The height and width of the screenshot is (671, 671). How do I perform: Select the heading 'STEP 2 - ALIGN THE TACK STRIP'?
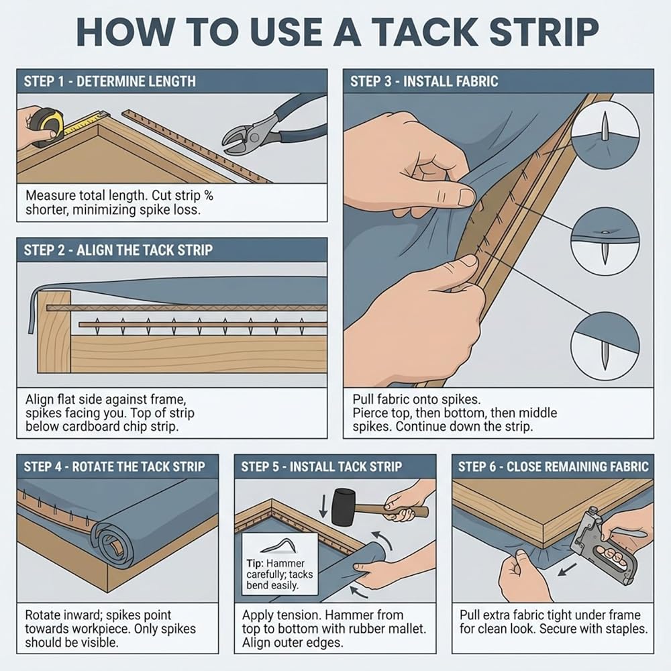pyautogui.click(x=118, y=250)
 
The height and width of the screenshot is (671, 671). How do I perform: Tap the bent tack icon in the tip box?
pyautogui.click(x=279, y=546)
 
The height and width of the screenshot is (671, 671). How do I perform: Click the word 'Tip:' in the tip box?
pyautogui.click(x=256, y=563)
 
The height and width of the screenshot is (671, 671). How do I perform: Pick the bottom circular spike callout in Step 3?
pyautogui.click(x=605, y=346)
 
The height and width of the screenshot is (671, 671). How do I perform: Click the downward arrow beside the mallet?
pyautogui.click(x=323, y=508)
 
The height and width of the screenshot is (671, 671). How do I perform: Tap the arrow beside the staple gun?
pyautogui.click(x=568, y=569)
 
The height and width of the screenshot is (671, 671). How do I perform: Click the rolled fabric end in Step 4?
pyautogui.click(x=112, y=543)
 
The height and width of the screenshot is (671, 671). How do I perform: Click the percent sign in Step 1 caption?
pyautogui.click(x=209, y=195)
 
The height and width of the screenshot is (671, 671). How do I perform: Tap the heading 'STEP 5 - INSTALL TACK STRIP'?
pyautogui.click(x=321, y=466)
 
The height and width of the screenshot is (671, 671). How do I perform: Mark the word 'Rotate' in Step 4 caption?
pyautogui.click(x=44, y=615)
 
